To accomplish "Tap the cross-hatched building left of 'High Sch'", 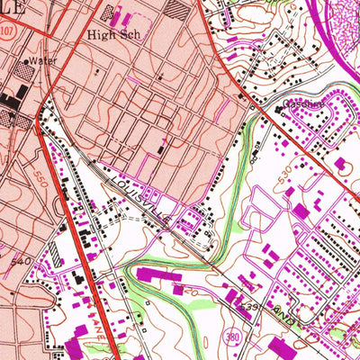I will (112, 13).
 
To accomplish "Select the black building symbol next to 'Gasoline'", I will (278, 110).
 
